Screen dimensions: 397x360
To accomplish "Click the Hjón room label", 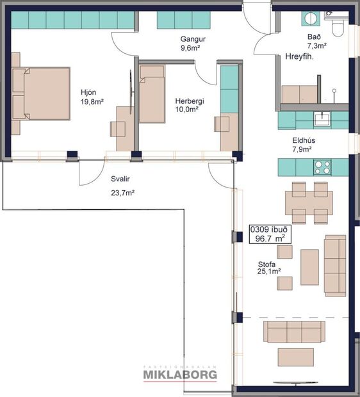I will (88, 91).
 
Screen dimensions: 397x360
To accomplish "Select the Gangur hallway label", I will (192, 38).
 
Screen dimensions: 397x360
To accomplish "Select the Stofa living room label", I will (267, 263).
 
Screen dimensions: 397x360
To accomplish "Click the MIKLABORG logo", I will (179, 374).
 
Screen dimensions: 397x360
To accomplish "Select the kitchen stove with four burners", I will (322, 167).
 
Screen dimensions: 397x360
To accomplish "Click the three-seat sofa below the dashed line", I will (295, 332).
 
